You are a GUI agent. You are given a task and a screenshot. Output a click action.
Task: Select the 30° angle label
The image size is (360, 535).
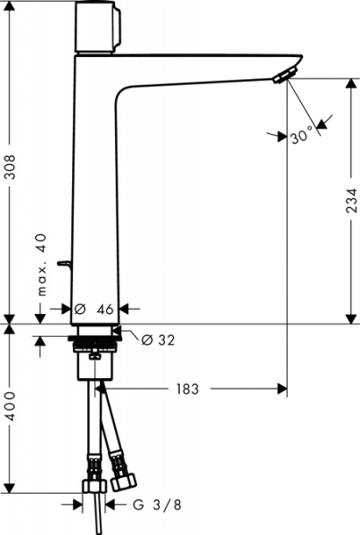303,136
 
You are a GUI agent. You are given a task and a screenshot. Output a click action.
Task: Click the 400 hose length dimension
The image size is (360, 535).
10,406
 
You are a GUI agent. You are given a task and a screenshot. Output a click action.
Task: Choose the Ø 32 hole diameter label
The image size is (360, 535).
158,339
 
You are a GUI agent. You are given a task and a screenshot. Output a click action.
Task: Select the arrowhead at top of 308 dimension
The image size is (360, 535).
10,7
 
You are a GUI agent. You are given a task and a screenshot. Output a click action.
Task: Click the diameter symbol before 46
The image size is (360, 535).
79,309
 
